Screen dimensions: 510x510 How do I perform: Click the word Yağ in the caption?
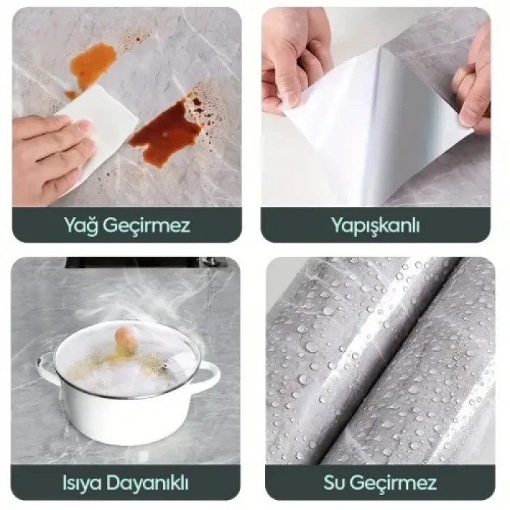pos(82,225)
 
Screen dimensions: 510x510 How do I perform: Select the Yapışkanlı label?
pos(375,225)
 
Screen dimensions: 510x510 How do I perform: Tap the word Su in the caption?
pos(337,482)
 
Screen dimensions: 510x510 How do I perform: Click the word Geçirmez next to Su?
pos(395,482)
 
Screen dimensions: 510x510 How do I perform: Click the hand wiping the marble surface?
pos(47,153)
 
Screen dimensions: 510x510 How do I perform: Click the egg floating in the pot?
pos(127,336)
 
